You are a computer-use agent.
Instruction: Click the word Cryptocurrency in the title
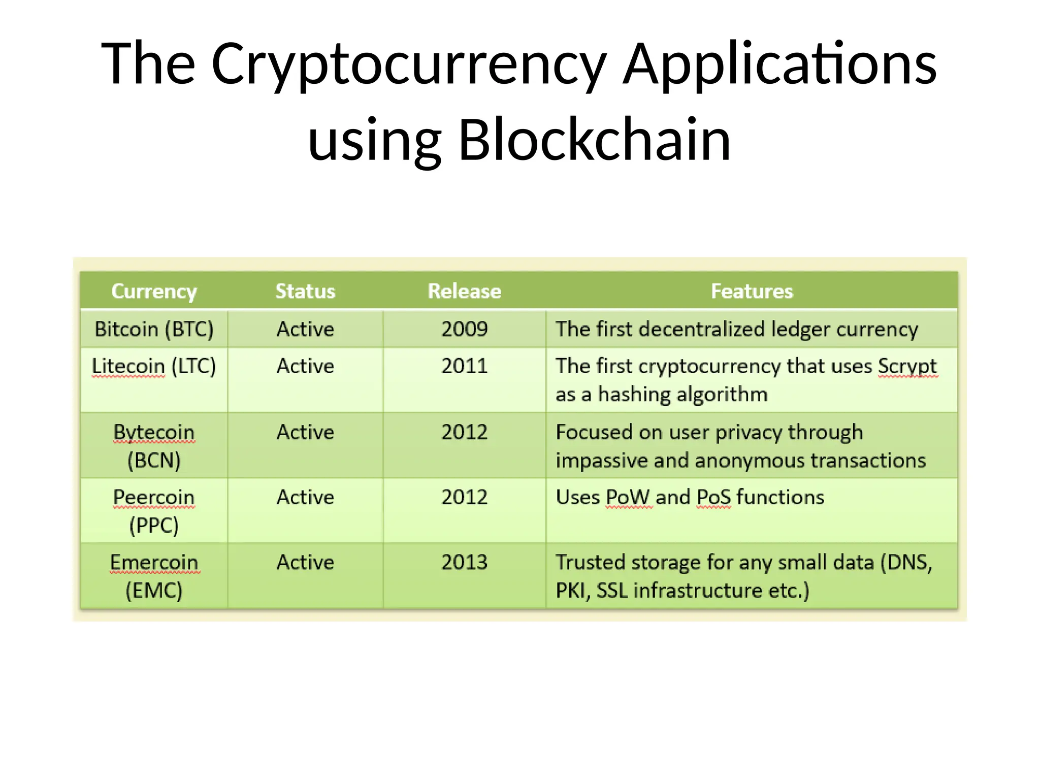tap(409, 64)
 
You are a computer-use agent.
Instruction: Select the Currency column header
tap(154, 291)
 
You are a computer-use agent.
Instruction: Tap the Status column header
tap(305, 291)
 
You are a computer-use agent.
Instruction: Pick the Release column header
tap(464, 291)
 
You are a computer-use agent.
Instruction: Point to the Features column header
tap(752, 291)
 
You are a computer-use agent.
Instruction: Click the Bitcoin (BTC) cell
tap(154, 329)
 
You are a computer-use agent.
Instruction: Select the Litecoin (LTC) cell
tap(154, 366)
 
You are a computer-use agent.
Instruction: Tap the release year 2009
tap(464, 329)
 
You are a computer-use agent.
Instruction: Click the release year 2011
tap(464, 366)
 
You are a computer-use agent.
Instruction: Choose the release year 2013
tap(464, 562)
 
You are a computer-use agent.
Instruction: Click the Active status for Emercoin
tap(305, 562)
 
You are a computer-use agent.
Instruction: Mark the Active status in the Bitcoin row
tap(305, 329)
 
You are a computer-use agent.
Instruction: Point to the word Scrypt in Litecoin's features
tap(907, 366)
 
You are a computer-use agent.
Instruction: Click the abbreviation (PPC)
tap(154, 525)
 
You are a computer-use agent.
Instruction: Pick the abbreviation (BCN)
tap(154, 461)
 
